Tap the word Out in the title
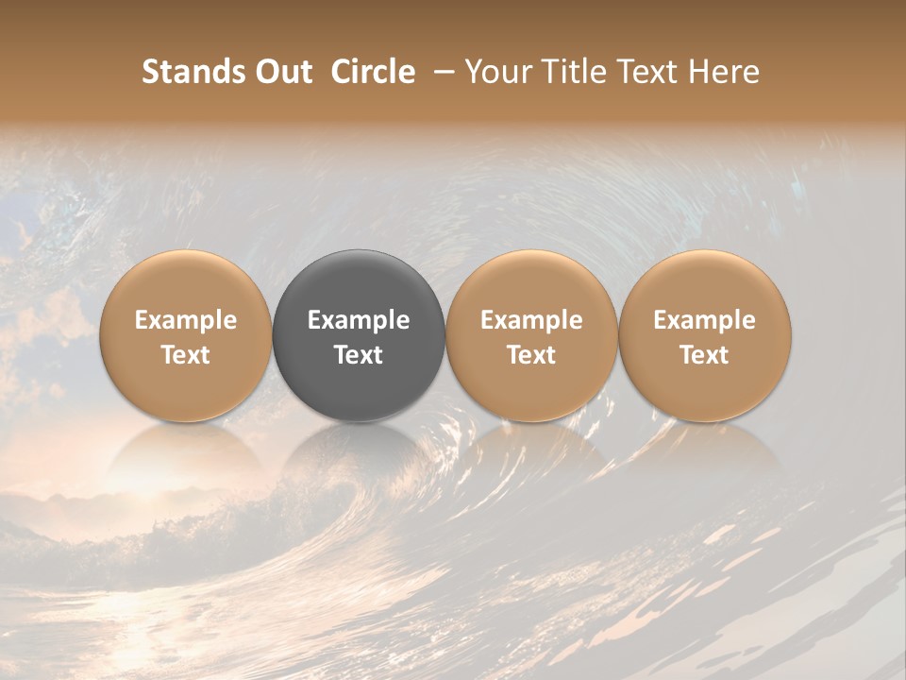tap(279, 72)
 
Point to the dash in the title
tap(441, 72)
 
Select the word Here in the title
tap(724, 72)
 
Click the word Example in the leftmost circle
tap(186, 320)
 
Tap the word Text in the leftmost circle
tap(186, 355)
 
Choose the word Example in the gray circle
tap(359, 320)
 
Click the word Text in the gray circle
tap(359, 355)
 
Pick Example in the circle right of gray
tap(531, 320)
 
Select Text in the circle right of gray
tap(531, 355)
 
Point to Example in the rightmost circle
tap(704, 320)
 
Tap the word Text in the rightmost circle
tap(704, 355)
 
